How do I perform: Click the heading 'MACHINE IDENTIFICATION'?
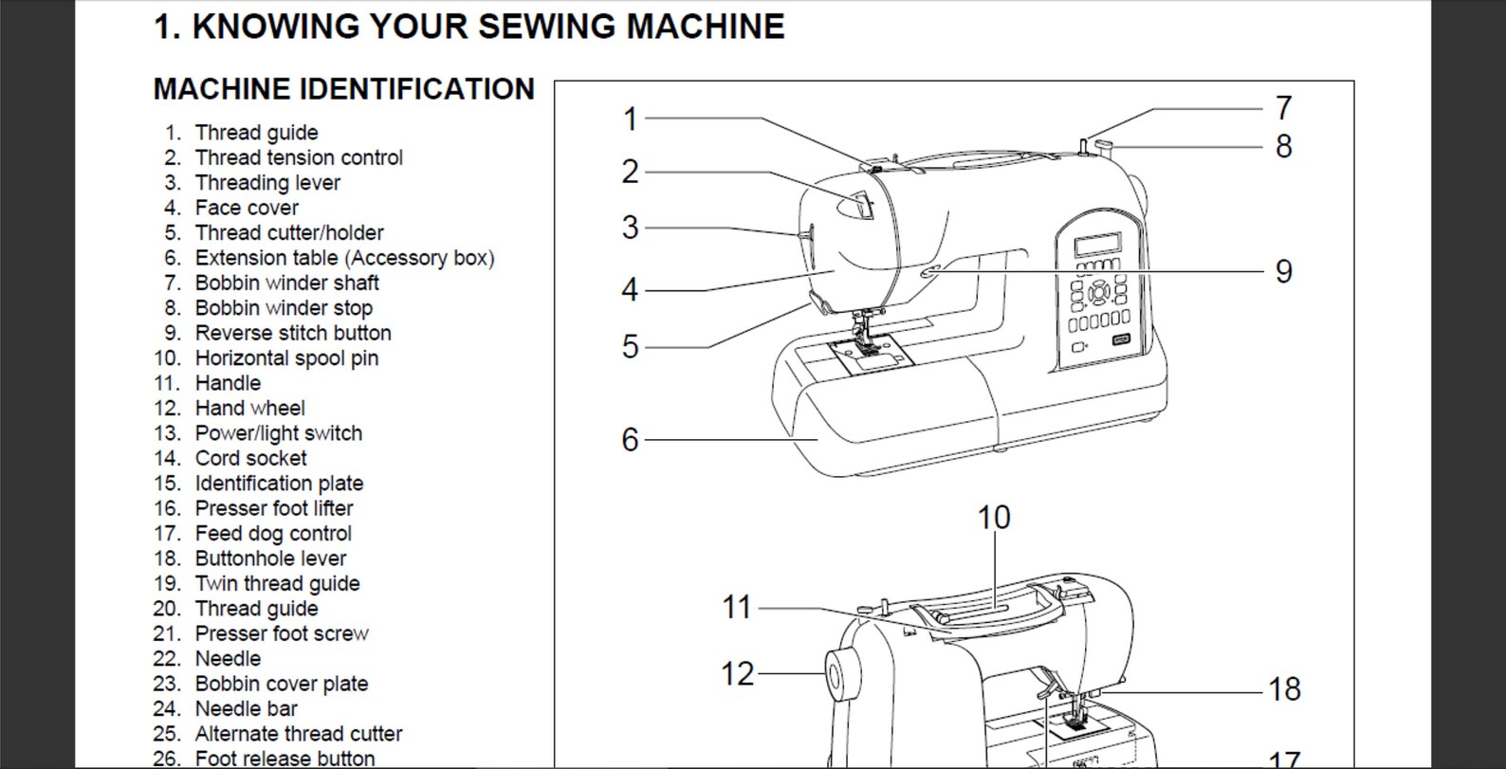pos(343,89)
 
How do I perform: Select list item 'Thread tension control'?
pos(298,157)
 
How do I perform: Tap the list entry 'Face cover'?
pos(246,208)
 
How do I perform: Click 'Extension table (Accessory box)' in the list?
pos(343,258)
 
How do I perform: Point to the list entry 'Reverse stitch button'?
pos(292,333)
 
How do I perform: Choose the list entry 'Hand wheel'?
pos(249,408)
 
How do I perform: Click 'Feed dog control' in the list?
pos(272,533)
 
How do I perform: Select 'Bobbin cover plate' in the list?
pos(281,684)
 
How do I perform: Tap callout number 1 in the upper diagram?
pos(630,119)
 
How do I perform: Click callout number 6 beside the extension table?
pos(630,440)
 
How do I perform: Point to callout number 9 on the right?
pos(1283,272)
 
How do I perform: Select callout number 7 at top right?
pos(1283,108)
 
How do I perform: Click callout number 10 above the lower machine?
pos(994,518)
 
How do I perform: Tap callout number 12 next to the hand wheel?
pos(737,674)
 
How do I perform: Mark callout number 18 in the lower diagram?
pos(1284,689)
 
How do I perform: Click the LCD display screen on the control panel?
pos(1097,245)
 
